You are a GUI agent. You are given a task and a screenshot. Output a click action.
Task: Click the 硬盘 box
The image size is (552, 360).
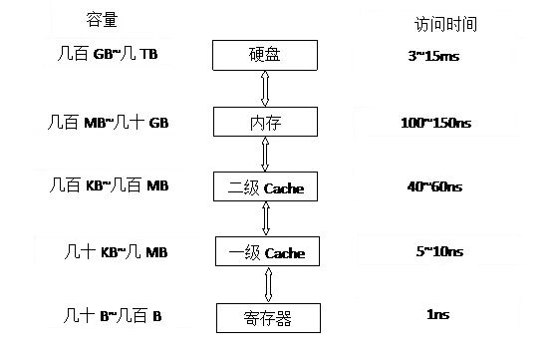coord(264,56)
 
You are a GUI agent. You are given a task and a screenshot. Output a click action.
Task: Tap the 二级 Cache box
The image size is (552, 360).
coord(264,186)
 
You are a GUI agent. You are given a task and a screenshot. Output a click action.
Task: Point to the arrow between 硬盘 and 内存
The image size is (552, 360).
coord(264,89)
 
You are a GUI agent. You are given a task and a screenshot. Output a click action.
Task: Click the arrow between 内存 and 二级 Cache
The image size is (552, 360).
coord(264,154)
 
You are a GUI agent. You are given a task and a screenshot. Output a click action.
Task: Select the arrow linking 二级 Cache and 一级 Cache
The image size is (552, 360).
coord(264,219)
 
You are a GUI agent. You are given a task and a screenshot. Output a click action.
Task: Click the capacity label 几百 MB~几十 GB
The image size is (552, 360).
coord(109,122)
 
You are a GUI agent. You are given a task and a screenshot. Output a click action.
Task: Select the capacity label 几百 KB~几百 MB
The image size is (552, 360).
coord(109,185)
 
